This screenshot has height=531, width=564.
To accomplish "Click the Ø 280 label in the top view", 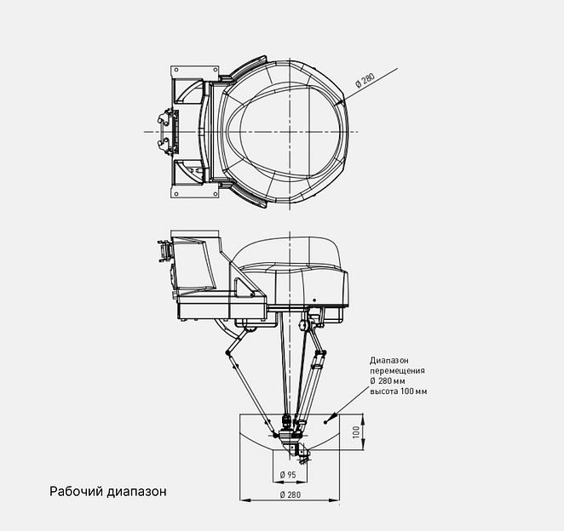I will tap(365, 81).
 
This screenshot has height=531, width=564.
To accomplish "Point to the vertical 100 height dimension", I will tap(358, 431).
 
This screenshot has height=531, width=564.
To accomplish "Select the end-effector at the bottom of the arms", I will tap(290, 434).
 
